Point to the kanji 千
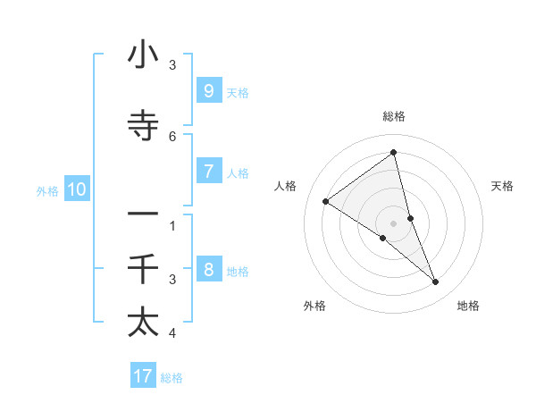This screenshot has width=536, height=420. tap(143, 269)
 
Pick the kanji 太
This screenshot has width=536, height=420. tap(143, 322)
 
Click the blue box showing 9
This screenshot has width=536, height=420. tap(208, 90)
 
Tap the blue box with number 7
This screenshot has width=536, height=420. tap(208, 172)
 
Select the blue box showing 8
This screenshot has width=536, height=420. tap(208, 270)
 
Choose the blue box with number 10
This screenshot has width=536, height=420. tap(76, 189)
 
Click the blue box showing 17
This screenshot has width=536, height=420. tap(143, 376)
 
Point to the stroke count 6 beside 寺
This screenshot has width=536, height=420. tap(172, 136)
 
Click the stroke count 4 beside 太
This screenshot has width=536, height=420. tap(172, 333)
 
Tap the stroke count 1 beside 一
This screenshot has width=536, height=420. tap(172, 225)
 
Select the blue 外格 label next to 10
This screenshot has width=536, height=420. tap(46, 189)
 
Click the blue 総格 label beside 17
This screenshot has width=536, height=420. tap(172, 377)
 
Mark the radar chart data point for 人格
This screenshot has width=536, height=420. tap(325, 201)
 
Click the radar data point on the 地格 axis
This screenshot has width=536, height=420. tap(436, 282)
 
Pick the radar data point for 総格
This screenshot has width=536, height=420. tap(394, 152)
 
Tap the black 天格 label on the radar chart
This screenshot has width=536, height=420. tap(503, 186)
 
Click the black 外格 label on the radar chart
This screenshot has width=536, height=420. tap(314, 306)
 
